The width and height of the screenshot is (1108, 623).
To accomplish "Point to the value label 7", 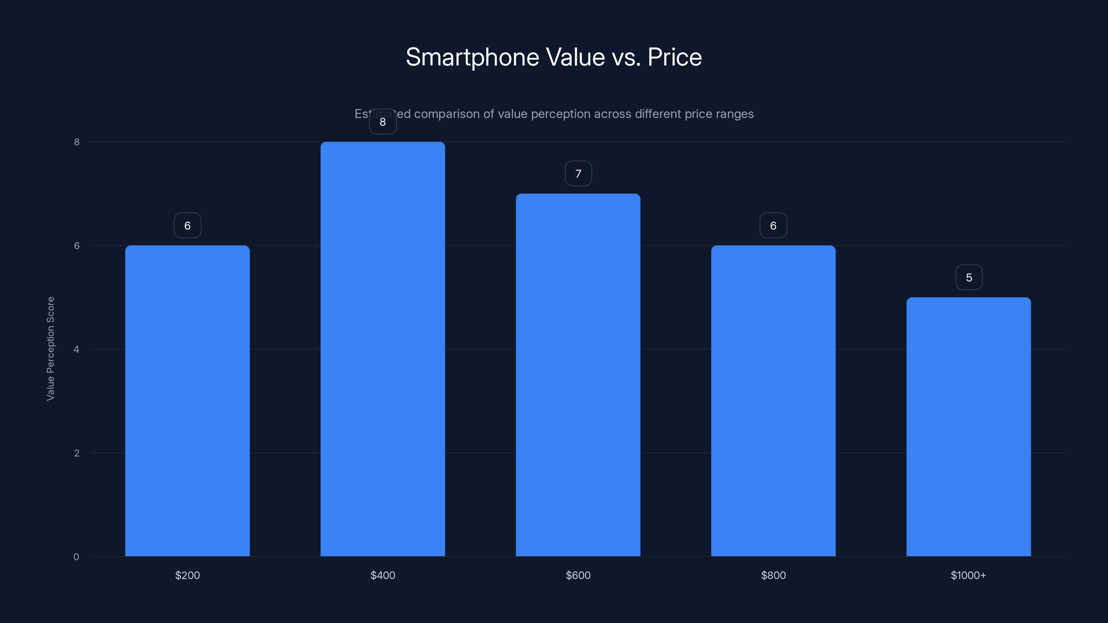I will pyautogui.click(x=578, y=174).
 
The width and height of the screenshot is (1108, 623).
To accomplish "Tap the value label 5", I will pyautogui.click(x=969, y=278).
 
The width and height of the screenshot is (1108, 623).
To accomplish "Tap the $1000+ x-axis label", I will pyautogui.click(x=968, y=575).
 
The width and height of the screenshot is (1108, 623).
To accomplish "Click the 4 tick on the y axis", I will pyautogui.click(x=76, y=349).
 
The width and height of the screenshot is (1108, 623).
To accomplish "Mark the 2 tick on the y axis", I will pyautogui.click(x=76, y=453).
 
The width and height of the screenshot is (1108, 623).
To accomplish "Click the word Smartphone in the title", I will pyautogui.click(x=472, y=57).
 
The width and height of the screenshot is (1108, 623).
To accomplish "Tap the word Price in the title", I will pyautogui.click(x=674, y=57).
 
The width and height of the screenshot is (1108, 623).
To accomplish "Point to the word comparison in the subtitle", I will pyautogui.click(x=446, y=114).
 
